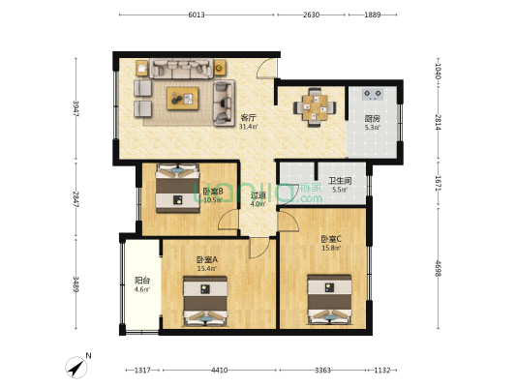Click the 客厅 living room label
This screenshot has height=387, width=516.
pos(249,118)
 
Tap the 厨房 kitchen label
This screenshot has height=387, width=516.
pos(372,119)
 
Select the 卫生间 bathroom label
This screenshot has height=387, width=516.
pos(339,180)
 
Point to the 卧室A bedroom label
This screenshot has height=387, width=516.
pos(206,260)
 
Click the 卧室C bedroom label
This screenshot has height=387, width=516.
pos(331,239)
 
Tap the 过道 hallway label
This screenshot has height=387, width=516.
pos(258,194)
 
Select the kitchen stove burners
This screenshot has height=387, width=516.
pos(373,95)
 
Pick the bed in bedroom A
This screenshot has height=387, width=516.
pos(205,301)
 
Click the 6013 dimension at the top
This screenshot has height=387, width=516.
pos(197,15)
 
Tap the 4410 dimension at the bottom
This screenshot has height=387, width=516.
pos(220,370)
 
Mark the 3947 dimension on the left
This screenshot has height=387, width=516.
pos(75,108)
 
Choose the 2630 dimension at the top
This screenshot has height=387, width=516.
pos(311,15)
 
